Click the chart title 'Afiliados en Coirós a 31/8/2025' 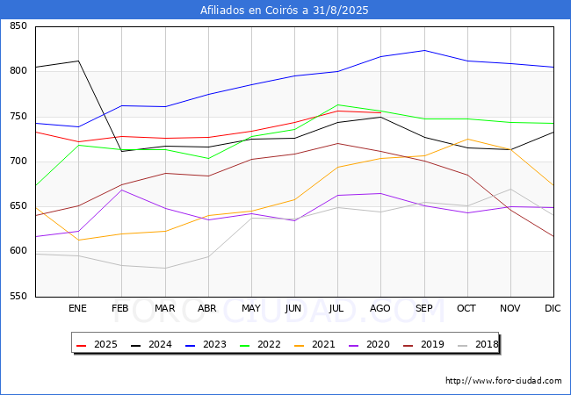pyautogui.click(x=284, y=10)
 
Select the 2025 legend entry pyautogui.click(x=98, y=344)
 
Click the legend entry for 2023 pyautogui.click(x=206, y=344)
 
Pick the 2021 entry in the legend pyautogui.click(x=314, y=344)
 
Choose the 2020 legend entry pyautogui.click(x=369, y=344)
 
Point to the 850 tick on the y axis pyautogui.click(x=18, y=25)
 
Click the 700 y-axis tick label pyautogui.click(x=18, y=161)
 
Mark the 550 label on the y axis pyautogui.click(x=18, y=296)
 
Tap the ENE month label pyautogui.click(x=77, y=308)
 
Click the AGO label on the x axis pyautogui.click(x=380, y=308)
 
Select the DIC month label pyautogui.click(x=553, y=308)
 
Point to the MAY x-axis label pyautogui.click(x=251, y=308)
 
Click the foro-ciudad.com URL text pyautogui.click(x=503, y=381)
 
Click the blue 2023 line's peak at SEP pyautogui.click(x=424, y=51)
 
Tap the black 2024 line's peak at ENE pyautogui.click(x=79, y=61)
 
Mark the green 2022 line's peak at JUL pyautogui.click(x=338, y=104)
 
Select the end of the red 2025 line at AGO pyautogui.click(x=381, y=112)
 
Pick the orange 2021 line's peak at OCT pyautogui.click(x=467, y=139)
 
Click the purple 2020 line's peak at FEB pyautogui.click(x=121, y=190)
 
